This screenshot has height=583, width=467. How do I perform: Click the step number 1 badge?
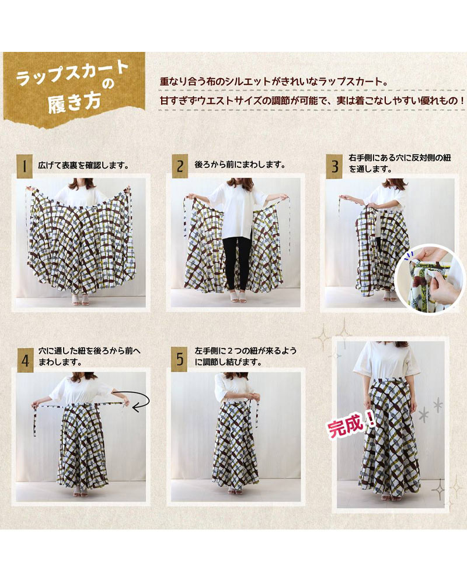point(25,166)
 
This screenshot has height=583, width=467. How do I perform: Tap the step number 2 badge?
point(180,166)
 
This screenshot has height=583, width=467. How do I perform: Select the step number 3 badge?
point(334,166)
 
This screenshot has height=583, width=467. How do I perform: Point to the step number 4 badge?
point(25,360)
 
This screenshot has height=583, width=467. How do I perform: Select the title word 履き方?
point(75,103)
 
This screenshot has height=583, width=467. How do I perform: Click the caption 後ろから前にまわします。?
point(240,164)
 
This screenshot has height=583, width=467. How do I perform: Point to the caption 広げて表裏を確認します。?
point(84,166)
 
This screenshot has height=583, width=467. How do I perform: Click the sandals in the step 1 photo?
point(81,300)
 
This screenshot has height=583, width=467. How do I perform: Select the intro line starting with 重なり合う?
point(274,81)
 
